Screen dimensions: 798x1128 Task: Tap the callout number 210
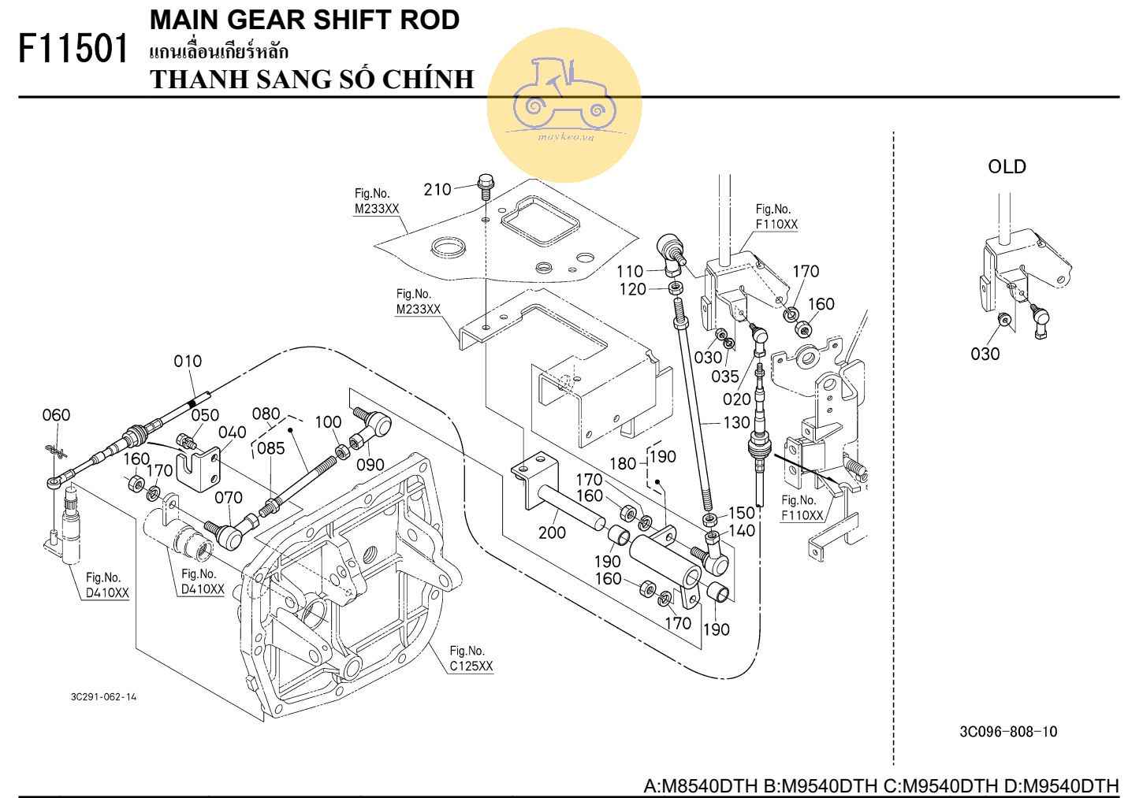pos(437,189)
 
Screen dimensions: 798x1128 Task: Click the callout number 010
pos(188,361)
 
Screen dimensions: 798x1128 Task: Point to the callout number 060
pos(56,414)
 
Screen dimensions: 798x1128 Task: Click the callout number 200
pos(552,533)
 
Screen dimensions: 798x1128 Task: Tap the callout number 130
pos(736,422)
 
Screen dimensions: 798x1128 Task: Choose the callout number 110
pos(630,272)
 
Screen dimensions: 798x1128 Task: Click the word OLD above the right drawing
pos(1007,167)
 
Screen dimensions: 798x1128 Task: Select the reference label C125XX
pos(471,666)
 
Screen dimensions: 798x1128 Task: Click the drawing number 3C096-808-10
pos(1008,732)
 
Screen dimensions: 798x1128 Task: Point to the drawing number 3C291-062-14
pos(103,697)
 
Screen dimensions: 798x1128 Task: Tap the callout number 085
pos(270,448)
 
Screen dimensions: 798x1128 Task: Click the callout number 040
pos(233,432)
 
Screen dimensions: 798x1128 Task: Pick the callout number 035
pos(725,377)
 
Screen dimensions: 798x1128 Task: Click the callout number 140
pos(742,531)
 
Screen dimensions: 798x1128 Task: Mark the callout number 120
pos(633,289)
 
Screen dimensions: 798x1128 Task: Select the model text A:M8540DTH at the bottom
pos(701,785)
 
